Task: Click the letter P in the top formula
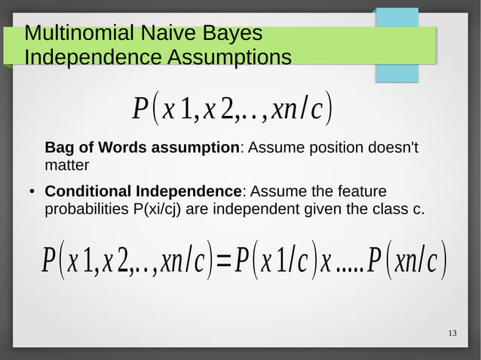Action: coord(139,111)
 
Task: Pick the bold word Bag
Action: coord(61,147)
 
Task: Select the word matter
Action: coord(67,164)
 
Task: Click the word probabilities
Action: coord(85,208)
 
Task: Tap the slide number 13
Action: coord(452,333)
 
